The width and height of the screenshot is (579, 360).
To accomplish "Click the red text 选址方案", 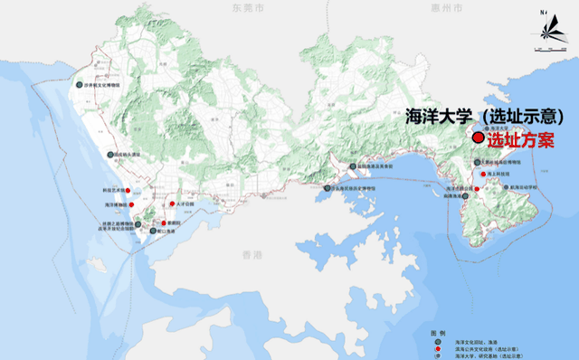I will click(519, 141).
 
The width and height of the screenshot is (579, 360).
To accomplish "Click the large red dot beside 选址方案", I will click(479, 137).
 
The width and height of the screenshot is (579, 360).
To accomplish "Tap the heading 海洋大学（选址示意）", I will click(486, 116).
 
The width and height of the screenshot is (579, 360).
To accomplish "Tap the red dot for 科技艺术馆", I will click(128, 190).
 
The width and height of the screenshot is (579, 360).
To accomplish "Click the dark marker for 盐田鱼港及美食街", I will click(355, 166).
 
